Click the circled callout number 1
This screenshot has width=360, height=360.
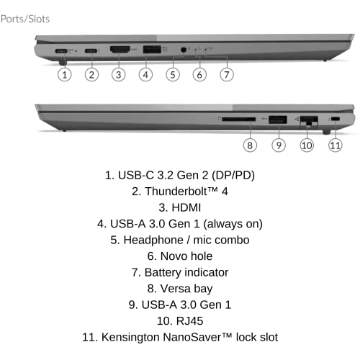pyautogui.click(x=65, y=75)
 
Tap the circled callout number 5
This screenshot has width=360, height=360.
pyautogui.click(x=173, y=75)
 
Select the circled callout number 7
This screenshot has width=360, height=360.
pyautogui.click(x=227, y=75)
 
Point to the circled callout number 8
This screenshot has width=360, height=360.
pyautogui.click(x=250, y=145)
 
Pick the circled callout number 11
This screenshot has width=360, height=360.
pyautogui.click(x=336, y=145)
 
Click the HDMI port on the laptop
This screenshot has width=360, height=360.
pyautogui.click(x=120, y=50)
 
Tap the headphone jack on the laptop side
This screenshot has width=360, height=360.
pyautogui.click(x=184, y=50)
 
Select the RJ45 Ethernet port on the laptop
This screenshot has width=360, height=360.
pyautogui.click(x=309, y=120)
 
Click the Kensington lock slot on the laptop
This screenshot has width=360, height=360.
pyautogui.click(x=336, y=119)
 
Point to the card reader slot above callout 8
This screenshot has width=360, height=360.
pyautogui.click(x=239, y=119)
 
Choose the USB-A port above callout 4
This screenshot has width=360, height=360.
pyautogui.click(x=152, y=50)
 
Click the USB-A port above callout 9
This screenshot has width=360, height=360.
pyautogui.click(x=278, y=120)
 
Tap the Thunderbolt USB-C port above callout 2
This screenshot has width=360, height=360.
pyautogui.click(x=91, y=50)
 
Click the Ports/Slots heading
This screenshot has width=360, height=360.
pyautogui.click(x=25, y=19)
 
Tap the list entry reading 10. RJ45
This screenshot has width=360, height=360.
pyautogui.click(x=180, y=321)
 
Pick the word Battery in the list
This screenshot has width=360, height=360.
pyautogui.click(x=163, y=273)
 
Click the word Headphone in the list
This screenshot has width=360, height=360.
pyautogui.click(x=153, y=240)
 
